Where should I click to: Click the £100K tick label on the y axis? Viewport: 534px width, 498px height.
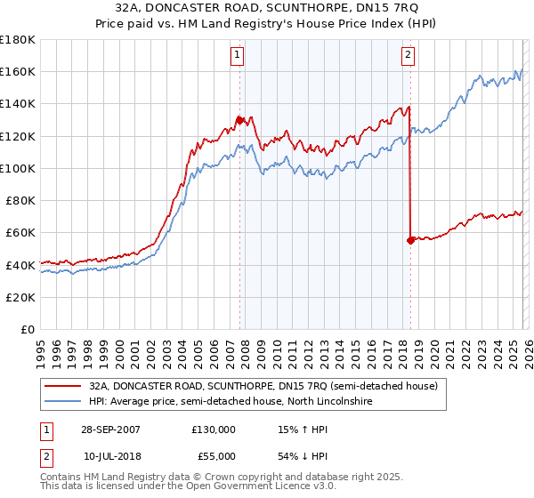click(x=18, y=168)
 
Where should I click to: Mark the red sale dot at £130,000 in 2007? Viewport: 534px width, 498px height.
click(x=239, y=119)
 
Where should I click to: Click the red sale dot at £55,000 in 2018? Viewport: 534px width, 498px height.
click(x=410, y=240)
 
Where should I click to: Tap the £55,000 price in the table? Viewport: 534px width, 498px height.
click(x=213, y=455)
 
